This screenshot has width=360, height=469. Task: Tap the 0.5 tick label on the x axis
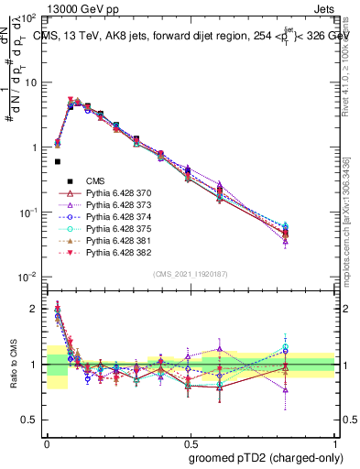(190, 441)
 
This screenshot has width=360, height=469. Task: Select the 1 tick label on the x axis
(334, 441)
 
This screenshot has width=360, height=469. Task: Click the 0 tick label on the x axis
(47, 441)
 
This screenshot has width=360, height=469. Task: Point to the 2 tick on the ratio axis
(35, 309)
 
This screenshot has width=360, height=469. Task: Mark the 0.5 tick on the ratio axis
(31, 420)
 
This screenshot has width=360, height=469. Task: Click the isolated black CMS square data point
(57, 162)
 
